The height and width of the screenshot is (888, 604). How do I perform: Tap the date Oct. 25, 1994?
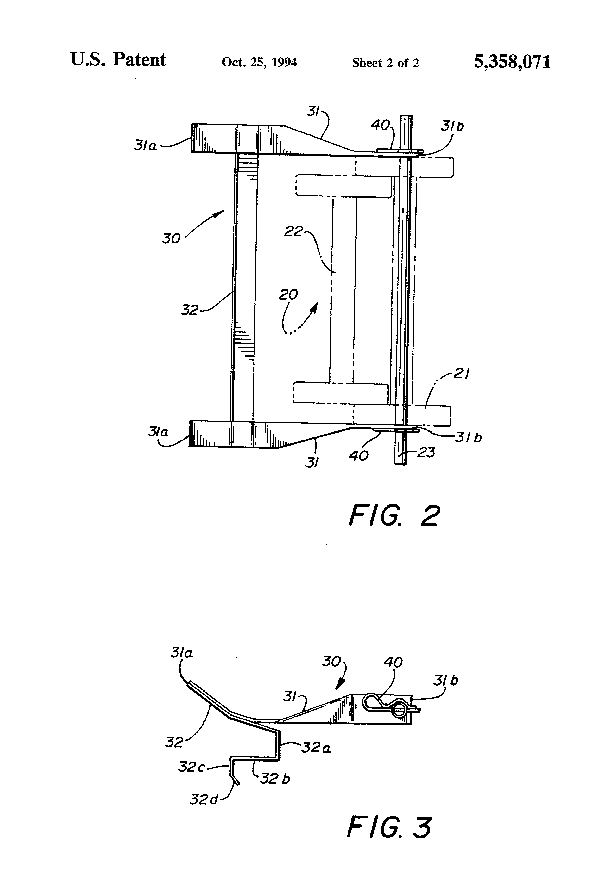pos(259,62)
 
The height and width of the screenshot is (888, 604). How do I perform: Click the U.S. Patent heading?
pos(118,60)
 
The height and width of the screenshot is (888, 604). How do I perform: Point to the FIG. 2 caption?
pos(394,516)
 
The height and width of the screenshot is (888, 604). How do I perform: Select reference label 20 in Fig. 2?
pos(288,295)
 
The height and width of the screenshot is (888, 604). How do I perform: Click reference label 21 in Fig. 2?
pos(461,374)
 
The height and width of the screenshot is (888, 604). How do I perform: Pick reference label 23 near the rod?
pos(426,452)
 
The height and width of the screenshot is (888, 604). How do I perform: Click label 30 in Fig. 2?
pos(171,238)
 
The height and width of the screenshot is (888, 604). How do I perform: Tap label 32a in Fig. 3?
pos(316,747)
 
